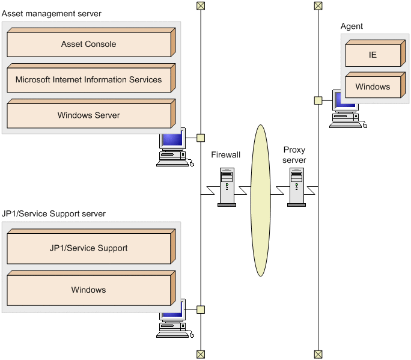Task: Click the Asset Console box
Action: pos(89,44)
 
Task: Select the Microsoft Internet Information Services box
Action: pos(89,80)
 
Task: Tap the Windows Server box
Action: pos(89,115)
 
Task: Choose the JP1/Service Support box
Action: pos(89,248)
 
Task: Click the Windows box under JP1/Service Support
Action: pos(89,290)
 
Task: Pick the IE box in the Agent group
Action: pos(373,55)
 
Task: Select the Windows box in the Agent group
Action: pos(373,87)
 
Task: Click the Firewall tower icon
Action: pos(227,187)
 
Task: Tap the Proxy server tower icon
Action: pos(296,187)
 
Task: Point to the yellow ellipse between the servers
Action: pos(260,200)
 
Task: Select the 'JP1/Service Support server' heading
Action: pos(53,214)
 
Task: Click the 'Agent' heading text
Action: pos(352,26)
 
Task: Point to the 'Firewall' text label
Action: pos(226,155)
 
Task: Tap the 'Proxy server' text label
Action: pos(295,155)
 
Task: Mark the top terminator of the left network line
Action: pos(201,5)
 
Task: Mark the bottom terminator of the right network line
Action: pos(318,354)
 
